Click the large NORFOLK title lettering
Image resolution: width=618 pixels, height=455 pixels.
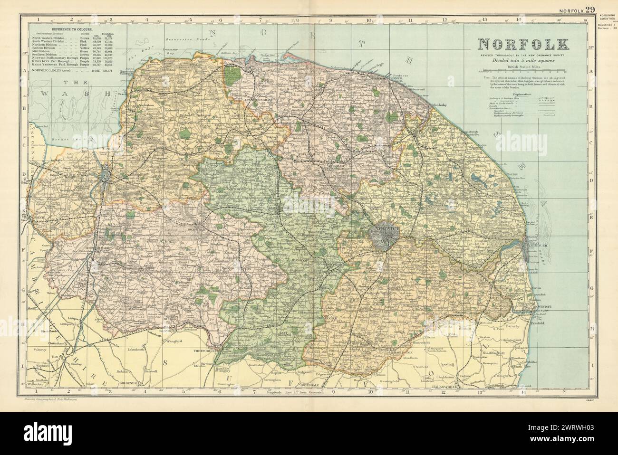[x=524, y=45]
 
